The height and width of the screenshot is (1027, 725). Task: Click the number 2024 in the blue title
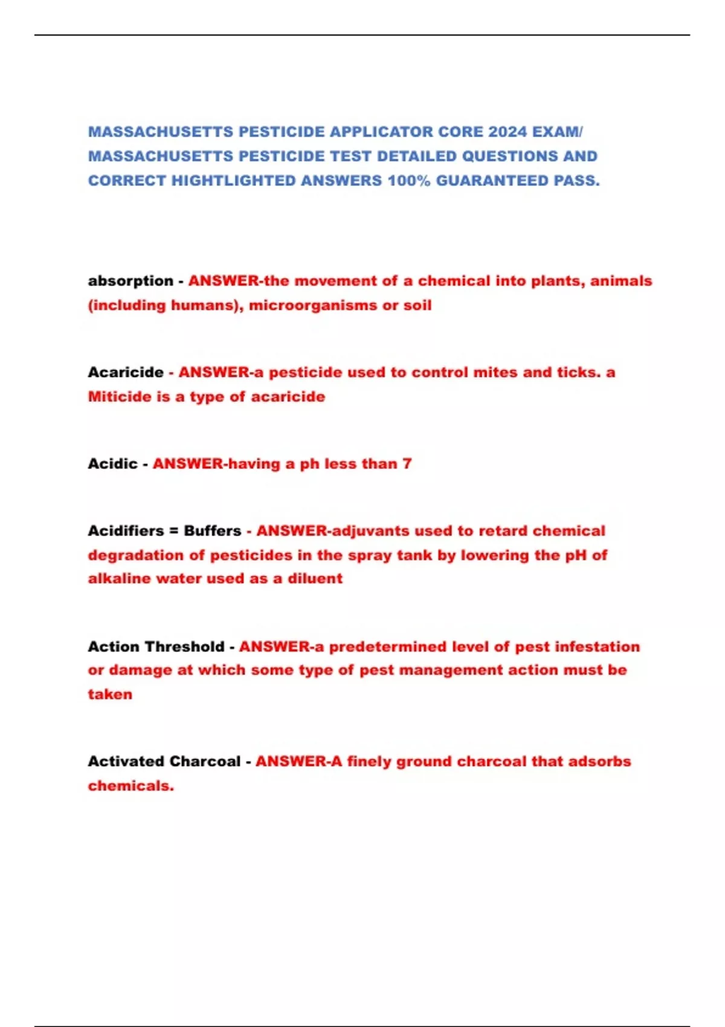(507, 132)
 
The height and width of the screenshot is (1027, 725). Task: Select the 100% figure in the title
(408, 181)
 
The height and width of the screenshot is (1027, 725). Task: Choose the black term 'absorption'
(130, 281)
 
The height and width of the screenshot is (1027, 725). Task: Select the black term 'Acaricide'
(126, 372)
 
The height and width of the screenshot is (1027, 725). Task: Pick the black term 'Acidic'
(112, 464)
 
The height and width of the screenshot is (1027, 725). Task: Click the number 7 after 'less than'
(407, 464)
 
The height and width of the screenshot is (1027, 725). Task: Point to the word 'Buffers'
(213, 531)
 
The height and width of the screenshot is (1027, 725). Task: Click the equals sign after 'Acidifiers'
(173, 531)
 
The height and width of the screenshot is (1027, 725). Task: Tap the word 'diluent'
(315, 579)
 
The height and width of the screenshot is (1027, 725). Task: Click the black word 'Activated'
(124, 761)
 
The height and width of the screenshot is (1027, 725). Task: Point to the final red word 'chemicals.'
(130, 786)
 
